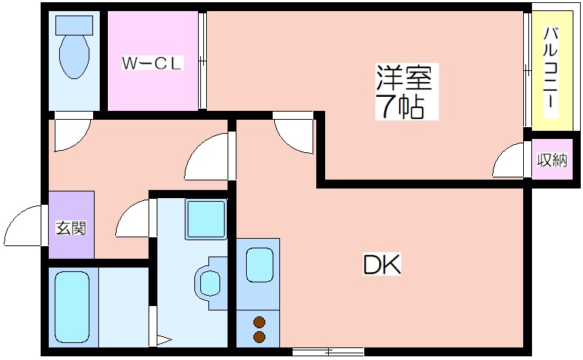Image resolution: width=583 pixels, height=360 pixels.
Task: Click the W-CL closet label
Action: point(151,64)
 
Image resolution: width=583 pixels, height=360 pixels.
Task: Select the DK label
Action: point(382,265)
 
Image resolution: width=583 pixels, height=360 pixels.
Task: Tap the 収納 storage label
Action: point(552,160)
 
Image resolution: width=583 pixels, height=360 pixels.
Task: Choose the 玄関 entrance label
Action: point(71,227)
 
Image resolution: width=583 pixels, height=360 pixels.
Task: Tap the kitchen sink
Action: point(259,265)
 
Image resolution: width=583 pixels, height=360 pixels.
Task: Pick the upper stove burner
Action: point(259,322)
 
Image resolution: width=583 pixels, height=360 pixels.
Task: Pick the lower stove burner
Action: point(259,336)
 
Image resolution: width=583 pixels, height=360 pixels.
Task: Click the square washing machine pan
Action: point(205,220)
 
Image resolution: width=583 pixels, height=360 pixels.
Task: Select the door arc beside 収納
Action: point(510,161)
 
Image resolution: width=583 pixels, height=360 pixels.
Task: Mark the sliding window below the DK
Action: point(328,350)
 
